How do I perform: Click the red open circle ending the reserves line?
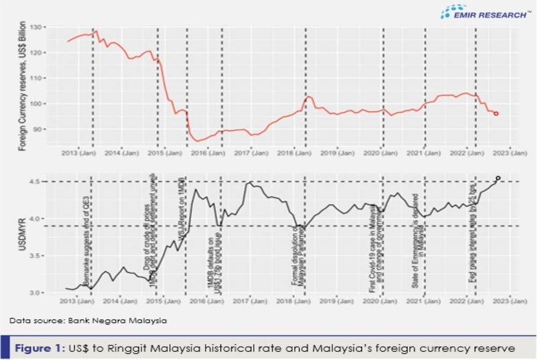(496, 113)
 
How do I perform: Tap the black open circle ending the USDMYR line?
(498, 178)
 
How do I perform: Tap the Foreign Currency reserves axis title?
(23, 86)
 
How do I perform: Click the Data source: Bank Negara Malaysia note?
(88, 321)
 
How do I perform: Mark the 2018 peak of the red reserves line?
(309, 97)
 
